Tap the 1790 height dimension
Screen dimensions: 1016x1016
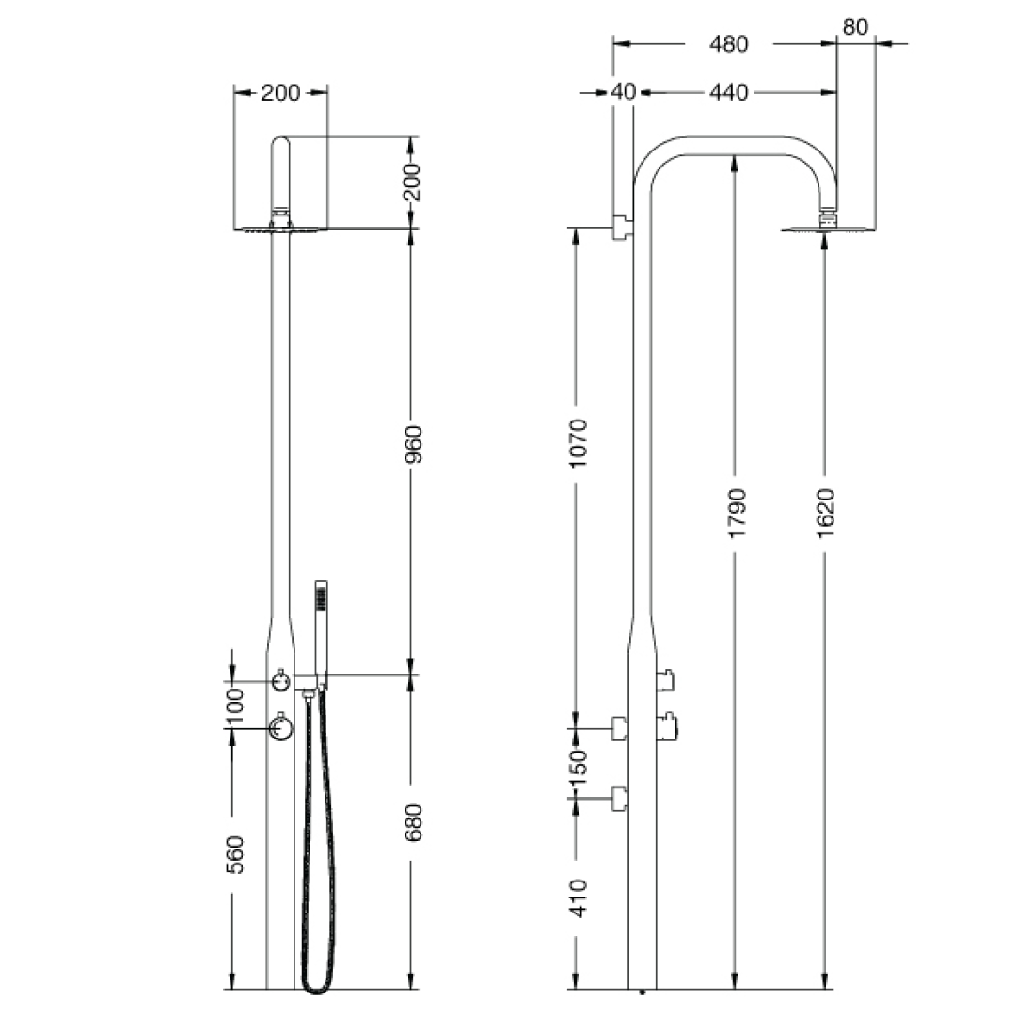[737, 513]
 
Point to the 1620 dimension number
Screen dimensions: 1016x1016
[825, 513]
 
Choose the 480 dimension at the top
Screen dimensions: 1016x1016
[729, 43]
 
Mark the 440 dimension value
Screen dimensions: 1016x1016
[729, 92]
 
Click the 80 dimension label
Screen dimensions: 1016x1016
[855, 26]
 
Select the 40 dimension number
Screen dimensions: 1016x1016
[624, 92]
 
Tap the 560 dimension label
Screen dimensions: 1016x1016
[235, 854]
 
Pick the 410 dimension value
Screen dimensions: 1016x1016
[578, 897]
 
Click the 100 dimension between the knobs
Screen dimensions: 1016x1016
[235, 706]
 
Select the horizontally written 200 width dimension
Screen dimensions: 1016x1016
[280, 92]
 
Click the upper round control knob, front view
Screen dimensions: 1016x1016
[280, 680]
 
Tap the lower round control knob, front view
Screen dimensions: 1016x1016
[280, 726]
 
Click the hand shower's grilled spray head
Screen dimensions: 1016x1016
[322, 595]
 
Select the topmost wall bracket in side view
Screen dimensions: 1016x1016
[622, 228]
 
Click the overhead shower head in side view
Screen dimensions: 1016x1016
[827, 226]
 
